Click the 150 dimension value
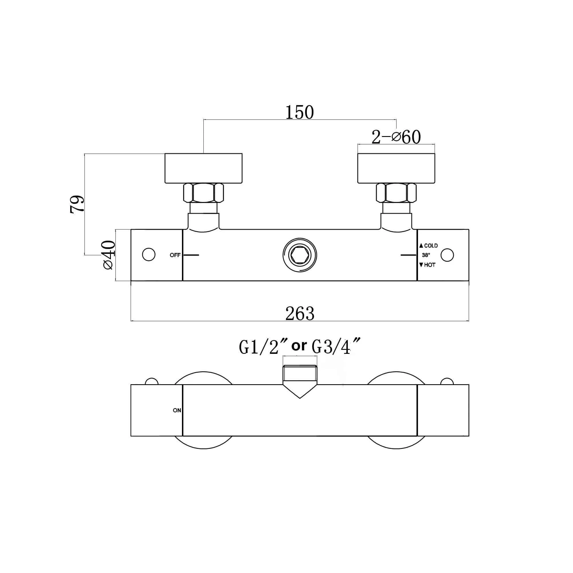(x=300, y=112)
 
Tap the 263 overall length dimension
(x=300, y=313)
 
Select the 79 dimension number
(x=77, y=204)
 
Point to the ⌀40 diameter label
(x=109, y=255)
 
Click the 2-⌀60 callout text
(x=396, y=137)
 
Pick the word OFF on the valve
(x=175, y=255)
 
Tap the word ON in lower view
(x=177, y=411)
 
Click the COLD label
(x=431, y=246)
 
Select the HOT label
(x=430, y=265)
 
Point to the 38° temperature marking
(x=426, y=255)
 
